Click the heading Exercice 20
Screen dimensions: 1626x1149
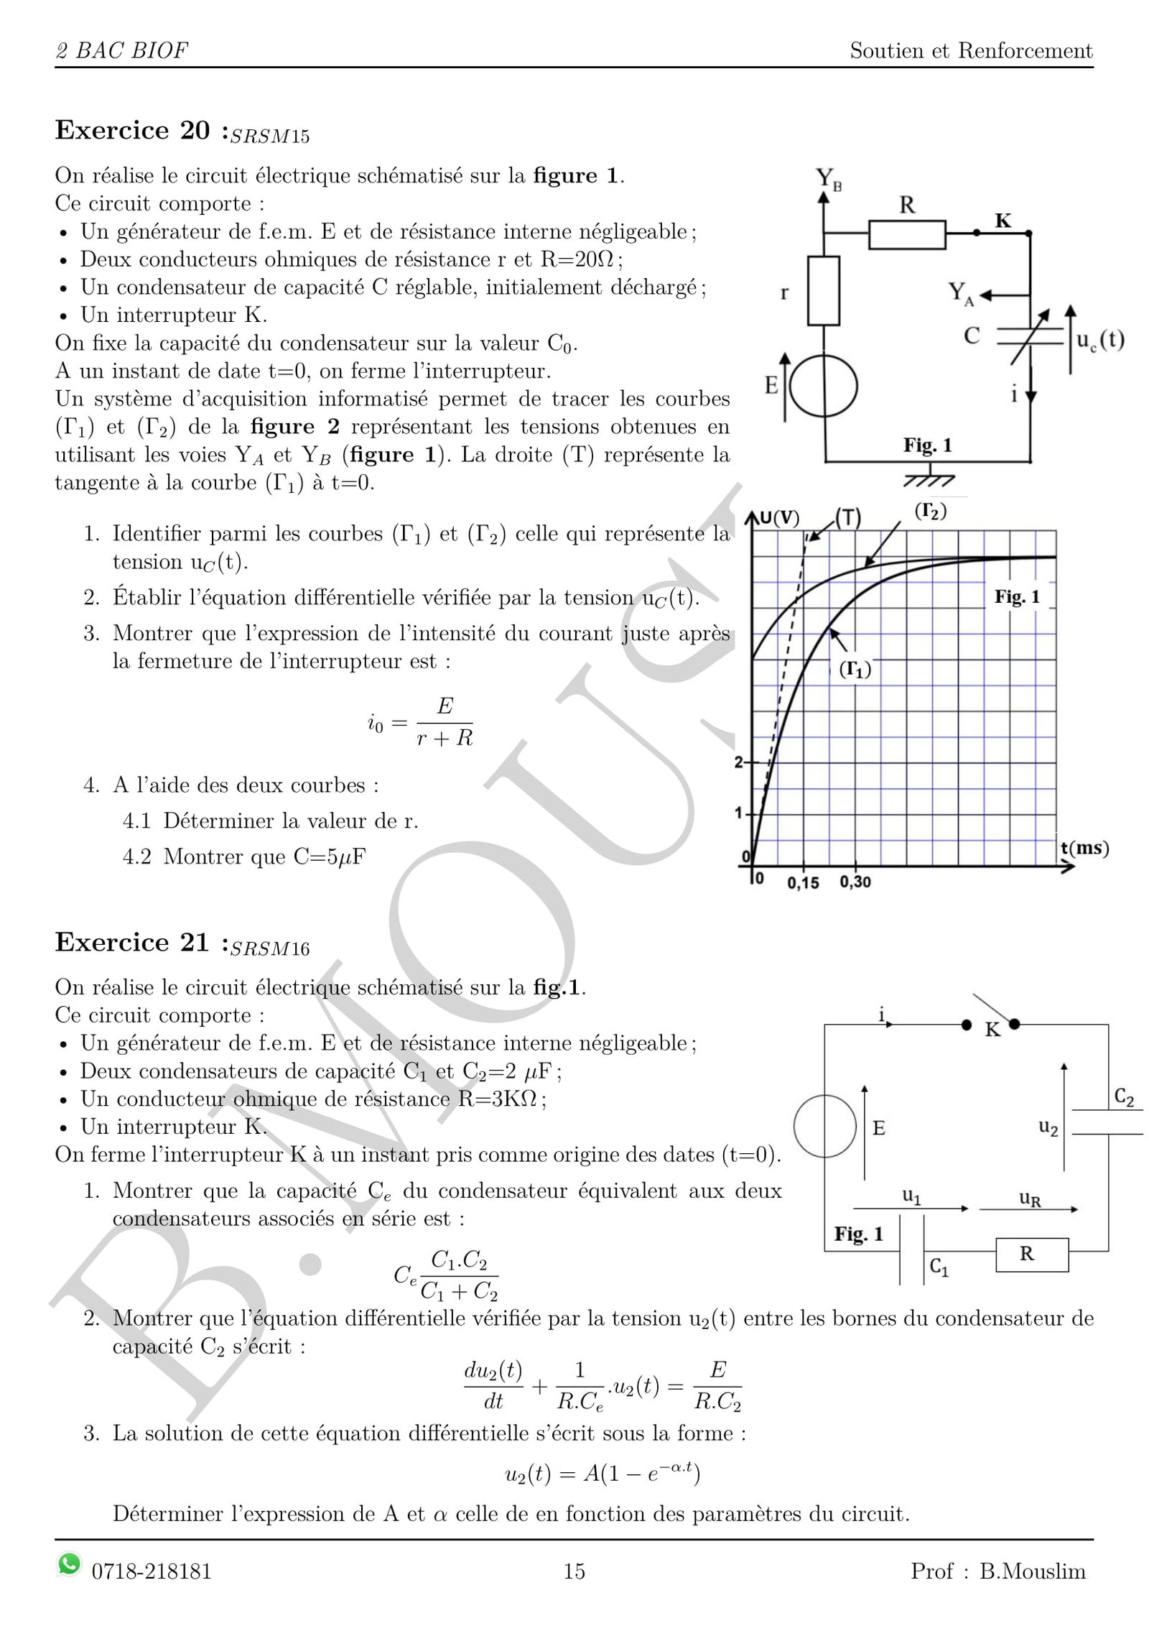click(132, 131)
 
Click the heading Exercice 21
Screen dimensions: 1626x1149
click(132, 943)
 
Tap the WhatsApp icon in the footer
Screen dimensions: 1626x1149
click(69, 1563)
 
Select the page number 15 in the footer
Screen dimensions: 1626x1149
click(574, 1571)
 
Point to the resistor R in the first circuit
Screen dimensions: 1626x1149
click(906, 234)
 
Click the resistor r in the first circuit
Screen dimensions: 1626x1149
click(824, 291)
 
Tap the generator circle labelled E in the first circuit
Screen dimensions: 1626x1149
click(824, 386)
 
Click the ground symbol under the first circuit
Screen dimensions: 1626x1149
click(929, 477)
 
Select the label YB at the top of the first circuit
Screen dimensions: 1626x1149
click(828, 178)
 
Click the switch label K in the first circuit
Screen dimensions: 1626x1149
click(1003, 221)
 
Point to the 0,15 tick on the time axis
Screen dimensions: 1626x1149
click(803, 883)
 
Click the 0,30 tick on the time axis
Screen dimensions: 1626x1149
click(855, 882)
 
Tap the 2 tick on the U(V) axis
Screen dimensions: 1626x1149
click(739, 762)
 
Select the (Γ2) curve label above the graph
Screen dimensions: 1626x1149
click(930, 512)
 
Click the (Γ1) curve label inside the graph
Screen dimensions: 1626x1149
click(855, 670)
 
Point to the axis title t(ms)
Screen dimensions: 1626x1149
click(1084, 848)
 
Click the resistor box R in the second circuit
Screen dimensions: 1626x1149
click(1031, 1254)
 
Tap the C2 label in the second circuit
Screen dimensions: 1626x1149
click(1124, 1097)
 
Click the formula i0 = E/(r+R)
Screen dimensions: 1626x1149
click(420, 721)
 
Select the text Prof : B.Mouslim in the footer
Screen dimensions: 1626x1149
click(997, 1571)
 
